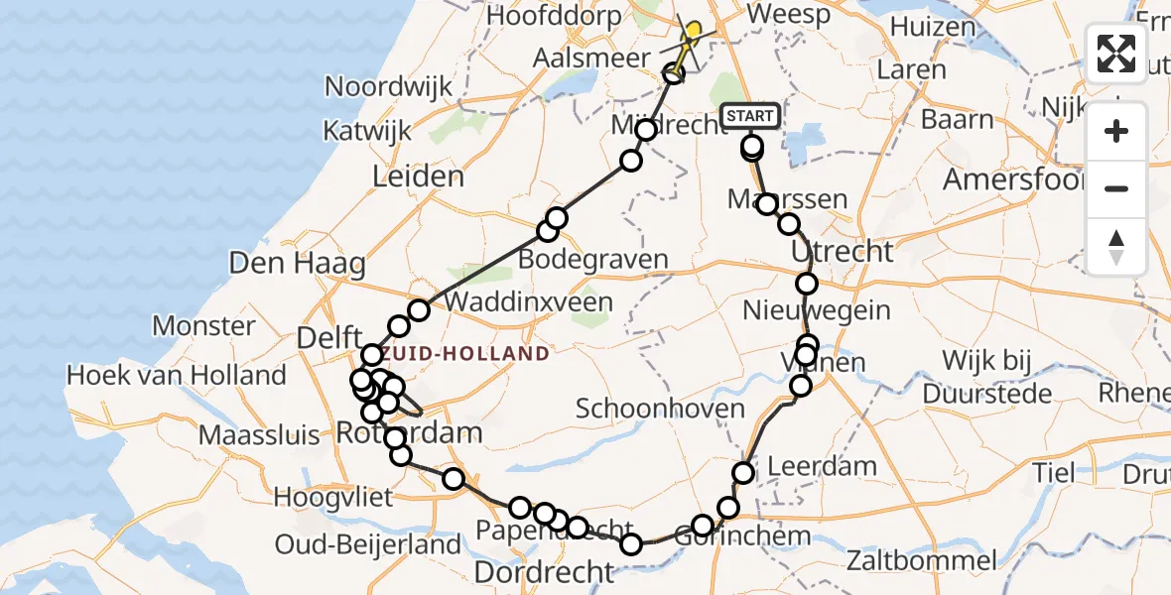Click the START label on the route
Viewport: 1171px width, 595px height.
point(750,117)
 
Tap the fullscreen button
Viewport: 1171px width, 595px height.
point(1116,53)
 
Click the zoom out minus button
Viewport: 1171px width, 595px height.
point(1116,188)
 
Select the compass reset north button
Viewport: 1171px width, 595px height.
point(1116,247)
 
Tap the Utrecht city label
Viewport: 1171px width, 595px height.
point(843,251)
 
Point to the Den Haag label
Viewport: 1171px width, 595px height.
point(283,264)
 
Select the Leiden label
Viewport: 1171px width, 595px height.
point(418,178)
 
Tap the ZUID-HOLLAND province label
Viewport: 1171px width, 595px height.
point(465,354)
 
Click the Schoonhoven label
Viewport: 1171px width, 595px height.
point(660,409)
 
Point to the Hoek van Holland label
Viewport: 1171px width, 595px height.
point(176,376)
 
